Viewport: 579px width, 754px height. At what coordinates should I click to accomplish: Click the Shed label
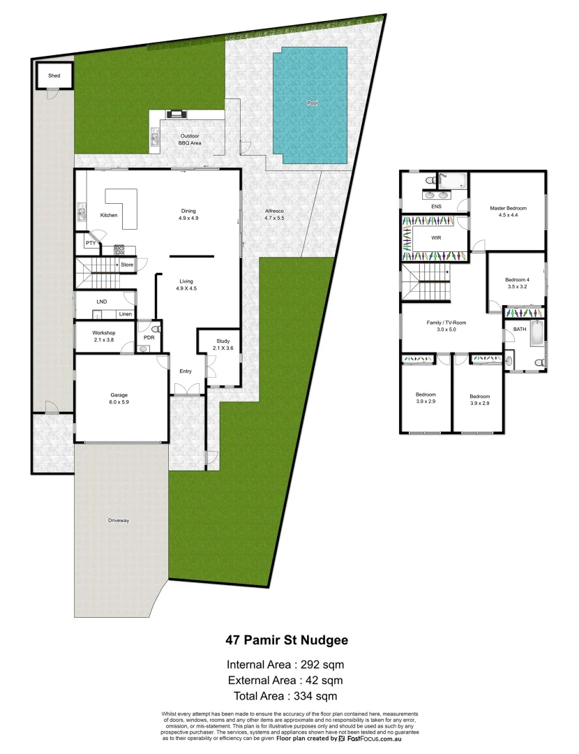[x=54, y=75]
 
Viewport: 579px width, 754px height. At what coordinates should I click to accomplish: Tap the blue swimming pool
[x=311, y=105]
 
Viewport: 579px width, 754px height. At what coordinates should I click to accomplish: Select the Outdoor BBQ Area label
[x=190, y=139]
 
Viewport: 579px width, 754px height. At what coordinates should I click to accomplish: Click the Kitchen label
[x=108, y=215]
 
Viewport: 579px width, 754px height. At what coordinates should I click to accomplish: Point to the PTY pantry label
[x=90, y=243]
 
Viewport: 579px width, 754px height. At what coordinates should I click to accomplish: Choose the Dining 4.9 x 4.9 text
[x=188, y=214]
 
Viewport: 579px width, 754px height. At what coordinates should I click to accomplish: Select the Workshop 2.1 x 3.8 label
[x=104, y=337]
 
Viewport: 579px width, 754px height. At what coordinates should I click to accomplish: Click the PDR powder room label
[x=148, y=337]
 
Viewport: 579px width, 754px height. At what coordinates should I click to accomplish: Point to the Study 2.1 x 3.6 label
[x=211, y=345]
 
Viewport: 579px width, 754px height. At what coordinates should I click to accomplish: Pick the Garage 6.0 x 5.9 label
[x=122, y=398]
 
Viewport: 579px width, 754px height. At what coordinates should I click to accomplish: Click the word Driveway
[x=119, y=521]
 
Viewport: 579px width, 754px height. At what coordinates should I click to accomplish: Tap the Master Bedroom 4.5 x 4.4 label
[x=508, y=212]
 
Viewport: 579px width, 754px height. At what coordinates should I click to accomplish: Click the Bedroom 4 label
[x=517, y=283]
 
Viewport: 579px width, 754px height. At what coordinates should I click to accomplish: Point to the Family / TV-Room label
[x=446, y=326]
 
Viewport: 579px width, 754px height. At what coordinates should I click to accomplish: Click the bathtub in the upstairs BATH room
[x=536, y=334]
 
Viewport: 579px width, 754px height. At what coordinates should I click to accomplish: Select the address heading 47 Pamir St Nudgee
[x=286, y=639]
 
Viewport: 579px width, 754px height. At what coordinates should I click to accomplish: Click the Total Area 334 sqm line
[x=286, y=695]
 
